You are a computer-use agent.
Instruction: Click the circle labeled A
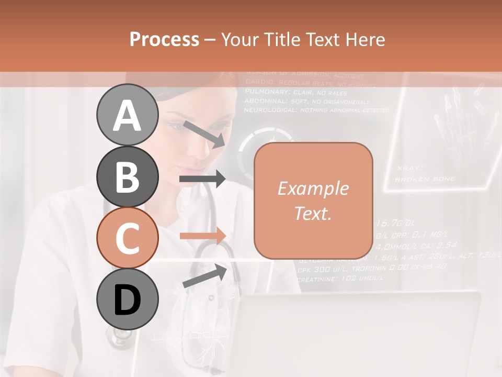(x=127, y=115)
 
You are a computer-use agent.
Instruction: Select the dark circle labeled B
(x=127, y=176)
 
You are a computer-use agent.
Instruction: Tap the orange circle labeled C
(x=127, y=238)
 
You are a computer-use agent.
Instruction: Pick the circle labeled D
(x=127, y=299)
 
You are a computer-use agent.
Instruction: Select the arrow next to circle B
(x=202, y=179)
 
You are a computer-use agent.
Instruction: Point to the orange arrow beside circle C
(x=202, y=236)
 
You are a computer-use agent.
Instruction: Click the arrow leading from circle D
(x=204, y=275)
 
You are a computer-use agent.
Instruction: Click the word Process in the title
(x=164, y=39)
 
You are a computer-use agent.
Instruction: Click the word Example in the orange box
(x=313, y=188)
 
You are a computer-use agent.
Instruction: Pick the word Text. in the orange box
(x=313, y=213)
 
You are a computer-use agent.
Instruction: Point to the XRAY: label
(x=409, y=168)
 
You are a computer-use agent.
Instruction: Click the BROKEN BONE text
(x=425, y=179)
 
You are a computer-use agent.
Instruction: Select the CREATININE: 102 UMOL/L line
(x=340, y=279)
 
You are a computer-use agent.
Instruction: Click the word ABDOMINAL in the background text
(x=264, y=101)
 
